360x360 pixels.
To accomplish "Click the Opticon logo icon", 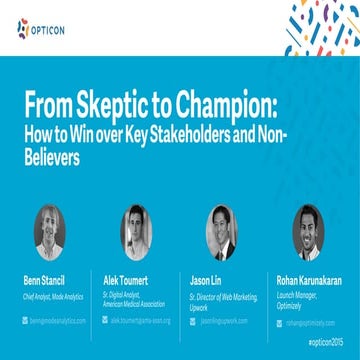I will pyautogui.click(x=24, y=27).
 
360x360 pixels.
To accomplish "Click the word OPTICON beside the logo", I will pyautogui.click(x=51, y=27).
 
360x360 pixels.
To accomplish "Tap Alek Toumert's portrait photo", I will pyautogui.click(x=136, y=233).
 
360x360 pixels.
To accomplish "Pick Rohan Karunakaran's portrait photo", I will pyautogui.click(x=310, y=233).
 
